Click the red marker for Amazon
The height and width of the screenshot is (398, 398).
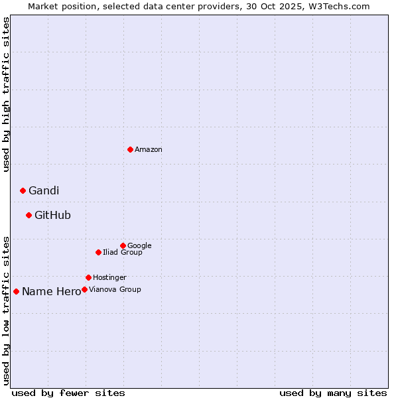130,149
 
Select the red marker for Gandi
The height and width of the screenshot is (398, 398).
23,190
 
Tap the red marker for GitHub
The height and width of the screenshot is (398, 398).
29,215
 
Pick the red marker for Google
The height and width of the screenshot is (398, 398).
123,245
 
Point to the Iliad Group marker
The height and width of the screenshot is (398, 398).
98,252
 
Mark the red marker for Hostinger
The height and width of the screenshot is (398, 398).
88,277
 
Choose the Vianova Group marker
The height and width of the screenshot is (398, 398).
84,289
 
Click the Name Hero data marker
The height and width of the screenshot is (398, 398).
16,291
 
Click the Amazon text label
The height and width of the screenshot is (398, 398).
149,150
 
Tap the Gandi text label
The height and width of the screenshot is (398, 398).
44,191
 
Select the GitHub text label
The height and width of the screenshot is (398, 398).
52,216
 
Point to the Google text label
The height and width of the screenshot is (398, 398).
139,246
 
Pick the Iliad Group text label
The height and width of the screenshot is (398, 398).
123,253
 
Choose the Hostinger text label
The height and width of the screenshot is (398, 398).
109,278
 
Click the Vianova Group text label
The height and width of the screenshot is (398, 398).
115,290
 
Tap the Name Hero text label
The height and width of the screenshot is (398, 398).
51,292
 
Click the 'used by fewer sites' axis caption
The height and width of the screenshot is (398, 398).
68,393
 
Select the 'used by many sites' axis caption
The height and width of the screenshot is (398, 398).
333,393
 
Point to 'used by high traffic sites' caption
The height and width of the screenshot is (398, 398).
7,94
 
